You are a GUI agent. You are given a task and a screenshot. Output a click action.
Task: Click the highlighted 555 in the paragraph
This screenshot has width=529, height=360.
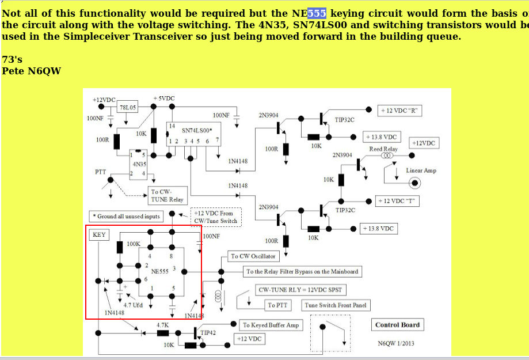click(x=317, y=13)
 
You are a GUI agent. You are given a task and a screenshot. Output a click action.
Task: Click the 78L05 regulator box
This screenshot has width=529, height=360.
click(x=127, y=107)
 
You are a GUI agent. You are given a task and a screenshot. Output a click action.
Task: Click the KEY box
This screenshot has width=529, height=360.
click(x=99, y=235)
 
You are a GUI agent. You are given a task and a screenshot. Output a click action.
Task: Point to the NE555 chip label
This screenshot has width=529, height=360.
click(x=159, y=271)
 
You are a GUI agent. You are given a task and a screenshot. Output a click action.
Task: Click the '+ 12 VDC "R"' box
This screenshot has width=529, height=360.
click(x=400, y=111)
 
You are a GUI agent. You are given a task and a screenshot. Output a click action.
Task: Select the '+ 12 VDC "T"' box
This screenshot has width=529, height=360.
click(x=397, y=201)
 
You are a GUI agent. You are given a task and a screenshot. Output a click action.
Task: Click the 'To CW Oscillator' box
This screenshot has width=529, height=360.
click(x=253, y=256)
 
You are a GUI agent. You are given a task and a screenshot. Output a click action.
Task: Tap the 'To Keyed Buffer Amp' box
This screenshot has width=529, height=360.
click(x=271, y=325)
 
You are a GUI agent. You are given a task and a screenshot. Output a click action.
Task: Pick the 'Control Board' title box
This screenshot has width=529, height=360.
click(x=397, y=325)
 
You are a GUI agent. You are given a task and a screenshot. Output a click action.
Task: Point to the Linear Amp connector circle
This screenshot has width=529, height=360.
click(x=414, y=183)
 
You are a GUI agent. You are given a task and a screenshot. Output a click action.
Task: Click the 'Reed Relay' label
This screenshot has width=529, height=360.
click(x=383, y=149)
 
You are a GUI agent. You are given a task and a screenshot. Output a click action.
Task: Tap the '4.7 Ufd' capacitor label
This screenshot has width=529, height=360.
click(x=133, y=305)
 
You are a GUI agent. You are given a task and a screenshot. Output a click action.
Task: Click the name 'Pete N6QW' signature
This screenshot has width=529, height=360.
click(x=31, y=71)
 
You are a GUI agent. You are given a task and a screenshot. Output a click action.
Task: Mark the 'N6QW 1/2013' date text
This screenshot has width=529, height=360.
click(x=396, y=343)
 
